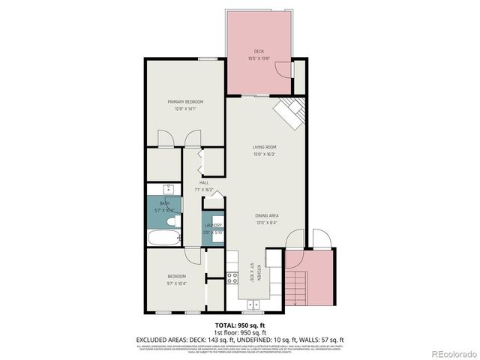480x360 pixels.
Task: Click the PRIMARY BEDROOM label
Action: [x=184, y=101]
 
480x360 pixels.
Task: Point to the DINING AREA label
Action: [x=266, y=215]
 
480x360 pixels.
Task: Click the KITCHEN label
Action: [x=259, y=273]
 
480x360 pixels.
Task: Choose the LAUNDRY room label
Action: [x=213, y=225]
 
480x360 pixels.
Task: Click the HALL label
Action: [x=204, y=183]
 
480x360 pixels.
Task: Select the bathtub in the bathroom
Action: [x=163, y=239]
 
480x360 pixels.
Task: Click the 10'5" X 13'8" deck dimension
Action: [x=259, y=58]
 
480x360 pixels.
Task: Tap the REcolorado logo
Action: [x=450, y=353]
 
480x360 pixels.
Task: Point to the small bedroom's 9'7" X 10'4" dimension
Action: [x=176, y=283]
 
